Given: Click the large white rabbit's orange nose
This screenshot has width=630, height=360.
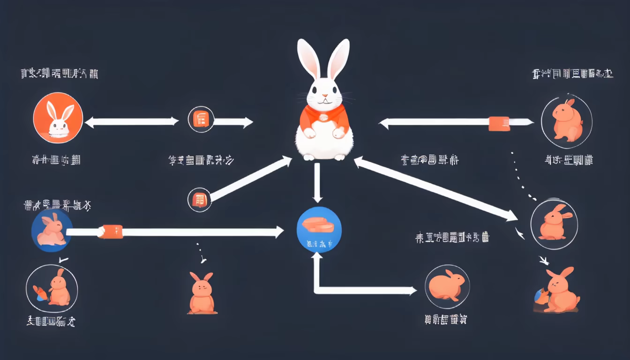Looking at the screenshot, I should pyautogui.click(x=324, y=96).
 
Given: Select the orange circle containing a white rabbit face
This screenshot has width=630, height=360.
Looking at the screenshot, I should pyautogui.click(x=58, y=117).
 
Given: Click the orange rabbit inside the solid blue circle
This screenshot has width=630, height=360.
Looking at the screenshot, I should pyautogui.click(x=51, y=229).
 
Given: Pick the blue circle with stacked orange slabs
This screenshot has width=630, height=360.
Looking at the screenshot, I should pyautogui.click(x=319, y=229).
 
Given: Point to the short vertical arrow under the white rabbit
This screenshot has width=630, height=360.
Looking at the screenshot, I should pyautogui.click(x=317, y=183).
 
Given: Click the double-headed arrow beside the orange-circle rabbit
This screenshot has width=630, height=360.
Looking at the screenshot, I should pyautogui.click(x=132, y=122).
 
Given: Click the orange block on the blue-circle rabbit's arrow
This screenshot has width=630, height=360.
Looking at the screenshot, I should pyautogui.click(x=112, y=231).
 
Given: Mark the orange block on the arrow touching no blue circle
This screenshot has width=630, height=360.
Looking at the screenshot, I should pyautogui.click(x=499, y=123).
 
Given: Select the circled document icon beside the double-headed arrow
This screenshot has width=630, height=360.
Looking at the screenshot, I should pyautogui.click(x=201, y=120).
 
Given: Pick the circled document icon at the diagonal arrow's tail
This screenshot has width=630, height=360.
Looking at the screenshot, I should pyautogui.click(x=200, y=200).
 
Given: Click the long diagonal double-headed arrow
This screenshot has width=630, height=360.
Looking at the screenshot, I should pyautogui.click(x=436, y=189).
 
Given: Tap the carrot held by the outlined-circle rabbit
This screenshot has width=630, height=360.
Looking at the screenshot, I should pyautogui.click(x=41, y=293).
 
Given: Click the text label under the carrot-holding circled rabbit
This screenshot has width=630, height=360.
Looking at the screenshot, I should pyautogui.click(x=52, y=322).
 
